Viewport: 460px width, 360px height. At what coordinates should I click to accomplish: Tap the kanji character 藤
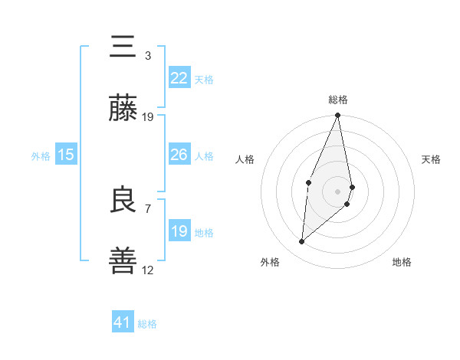point(123,109)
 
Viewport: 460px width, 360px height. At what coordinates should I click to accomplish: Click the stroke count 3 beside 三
point(148,56)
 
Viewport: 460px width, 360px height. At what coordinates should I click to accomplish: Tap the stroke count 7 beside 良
point(148,208)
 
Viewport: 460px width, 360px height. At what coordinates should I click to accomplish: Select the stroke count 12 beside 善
point(148,270)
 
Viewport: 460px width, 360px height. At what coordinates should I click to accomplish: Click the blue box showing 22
point(179,78)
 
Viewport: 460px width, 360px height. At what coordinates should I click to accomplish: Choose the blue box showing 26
point(179,155)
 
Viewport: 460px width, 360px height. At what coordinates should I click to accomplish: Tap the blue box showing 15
point(66,155)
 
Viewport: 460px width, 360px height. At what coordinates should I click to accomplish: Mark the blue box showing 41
point(123,322)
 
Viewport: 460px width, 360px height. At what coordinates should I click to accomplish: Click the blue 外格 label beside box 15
point(41,156)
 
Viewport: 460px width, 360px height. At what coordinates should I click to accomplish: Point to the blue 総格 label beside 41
point(147,324)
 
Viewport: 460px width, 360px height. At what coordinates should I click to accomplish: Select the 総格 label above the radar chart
point(338,100)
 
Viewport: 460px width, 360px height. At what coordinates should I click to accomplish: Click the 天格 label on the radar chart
point(432,159)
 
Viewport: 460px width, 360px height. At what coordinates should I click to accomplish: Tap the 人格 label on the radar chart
point(245,159)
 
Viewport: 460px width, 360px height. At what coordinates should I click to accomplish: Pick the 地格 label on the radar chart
point(402,262)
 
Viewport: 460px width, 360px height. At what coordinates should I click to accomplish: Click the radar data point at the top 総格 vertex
point(338,116)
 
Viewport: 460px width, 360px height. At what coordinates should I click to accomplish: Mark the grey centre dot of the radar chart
point(338,190)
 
